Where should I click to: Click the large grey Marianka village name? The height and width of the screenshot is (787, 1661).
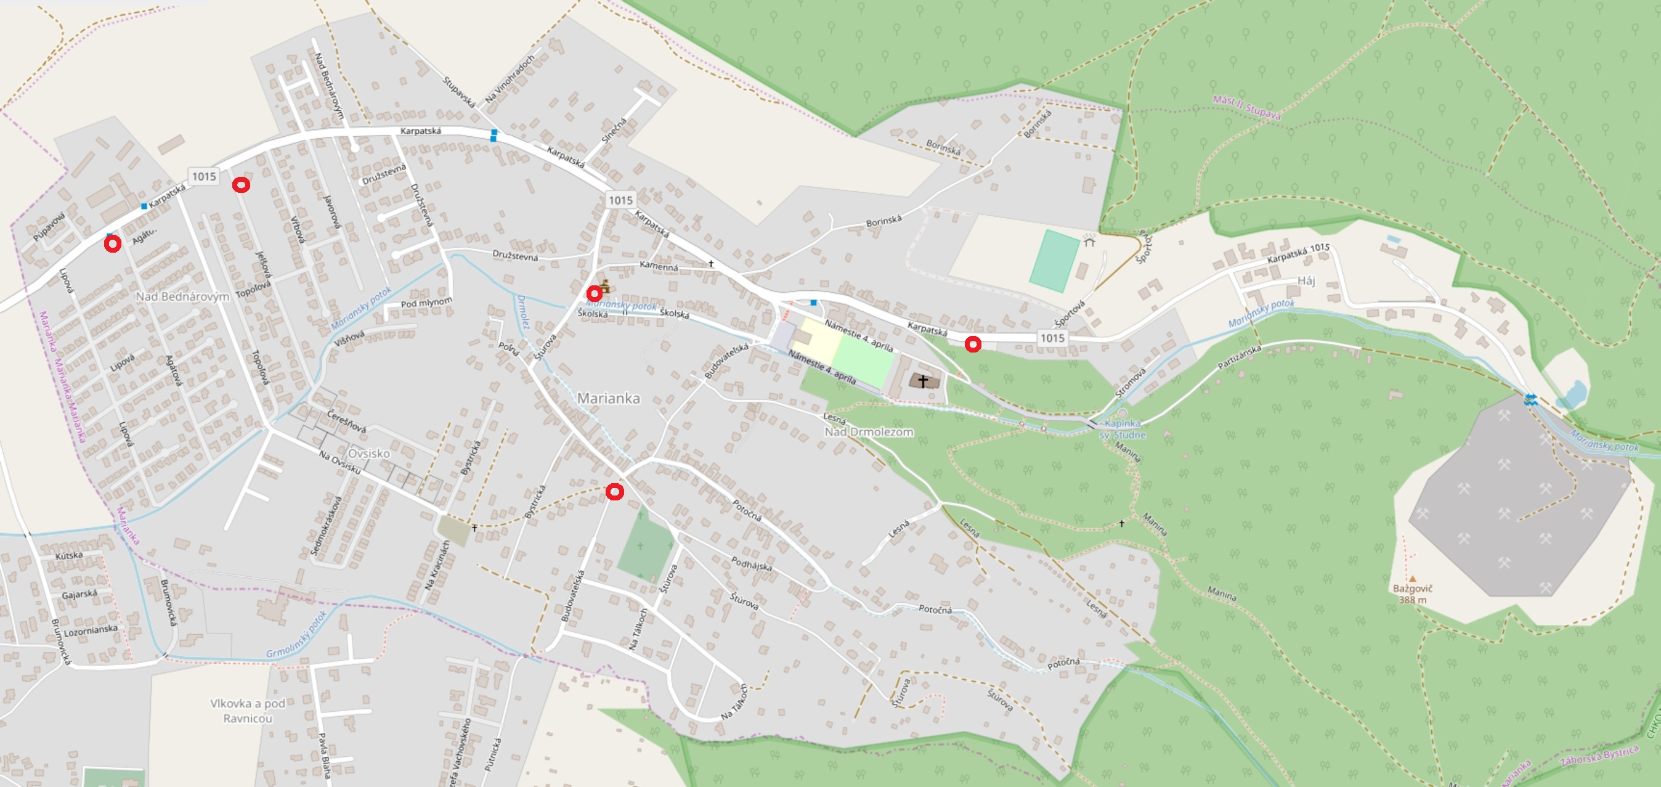point(608,399)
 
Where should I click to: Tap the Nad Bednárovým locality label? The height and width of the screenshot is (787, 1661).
point(182,296)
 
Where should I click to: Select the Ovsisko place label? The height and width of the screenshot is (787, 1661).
point(369,454)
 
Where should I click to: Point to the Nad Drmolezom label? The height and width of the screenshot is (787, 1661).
point(869,431)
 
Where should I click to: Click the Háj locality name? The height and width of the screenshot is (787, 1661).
point(1306,280)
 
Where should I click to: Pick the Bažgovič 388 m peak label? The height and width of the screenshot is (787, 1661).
point(1412,593)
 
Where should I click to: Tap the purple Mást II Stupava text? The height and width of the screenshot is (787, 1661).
point(1246,107)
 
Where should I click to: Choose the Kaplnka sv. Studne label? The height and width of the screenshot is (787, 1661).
point(1123,429)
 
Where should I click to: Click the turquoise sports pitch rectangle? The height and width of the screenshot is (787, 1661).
point(1054,261)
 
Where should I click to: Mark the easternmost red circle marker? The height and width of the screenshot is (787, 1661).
point(972,345)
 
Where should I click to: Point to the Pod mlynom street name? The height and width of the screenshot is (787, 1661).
point(426,303)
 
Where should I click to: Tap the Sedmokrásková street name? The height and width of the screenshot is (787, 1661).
point(326,526)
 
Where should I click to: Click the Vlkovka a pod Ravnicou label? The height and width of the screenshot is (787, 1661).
point(248,711)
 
